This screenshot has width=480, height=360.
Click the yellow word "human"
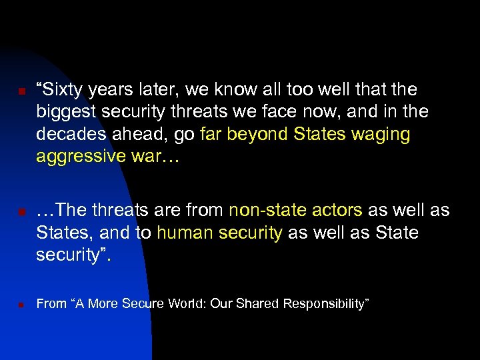pyautogui.click(x=182, y=233)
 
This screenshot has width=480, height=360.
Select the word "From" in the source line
pyautogui.click(x=51, y=304)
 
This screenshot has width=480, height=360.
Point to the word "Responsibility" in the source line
pyautogui.click(x=323, y=304)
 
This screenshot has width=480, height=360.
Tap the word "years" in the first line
pyautogui.click(x=115, y=89)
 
